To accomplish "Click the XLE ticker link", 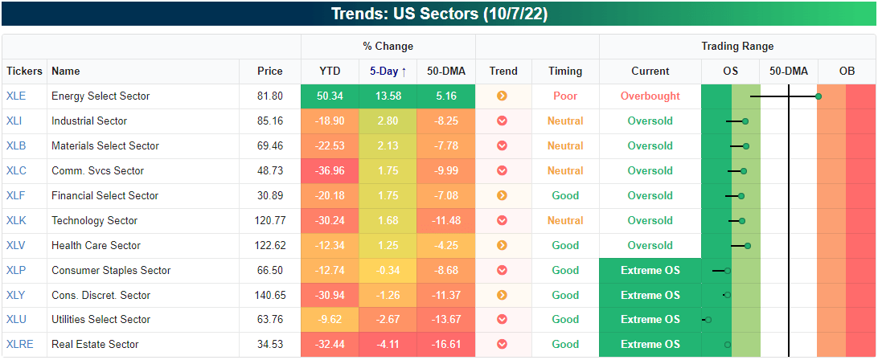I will pyautogui.click(x=16, y=96).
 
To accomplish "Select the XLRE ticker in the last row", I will pyautogui.click(x=19, y=345).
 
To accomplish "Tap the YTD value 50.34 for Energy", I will pyautogui.click(x=330, y=96).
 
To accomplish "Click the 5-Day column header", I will pyautogui.click(x=388, y=71).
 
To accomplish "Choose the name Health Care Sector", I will pyautogui.click(x=96, y=245).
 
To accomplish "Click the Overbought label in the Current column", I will pyautogui.click(x=650, y=96).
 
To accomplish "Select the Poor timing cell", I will pyautogui.click(x=565, y=96).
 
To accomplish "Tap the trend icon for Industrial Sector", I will pyautogui.click(x=503, y=121).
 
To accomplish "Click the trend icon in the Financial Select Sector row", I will pyautogui.click(x=503, y=195).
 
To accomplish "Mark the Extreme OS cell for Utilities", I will pyautogui.click(x=650, y=320).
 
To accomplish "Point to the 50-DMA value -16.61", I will pyautogui.click(x=446, y=345).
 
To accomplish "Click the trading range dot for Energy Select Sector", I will pyautogui.click(x=819, y=96).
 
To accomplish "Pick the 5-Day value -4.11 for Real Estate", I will pyautogui.click(x=388, y=345).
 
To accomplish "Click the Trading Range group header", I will pyautogui.click(x=737, y=47).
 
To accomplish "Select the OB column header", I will pyautogui.click(x=847, y=71).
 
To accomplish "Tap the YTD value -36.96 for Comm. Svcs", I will pyautogui.click(x=330, y=170).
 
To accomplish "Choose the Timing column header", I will pyautogui.click(x=565, y=71).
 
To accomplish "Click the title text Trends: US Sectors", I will pyautogui.click(x=439, y=14).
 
